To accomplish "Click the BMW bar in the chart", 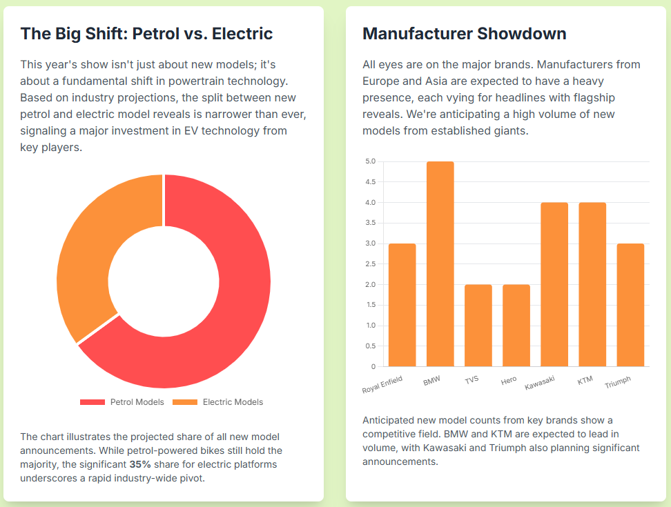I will pyautogui.click(x=440, y=264).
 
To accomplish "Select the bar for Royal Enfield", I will pyautogui.click(x=402, y=305).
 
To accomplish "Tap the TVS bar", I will pyautogui.click(x=478, y=325).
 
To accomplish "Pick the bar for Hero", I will pyautogui.click(x=516, y=325).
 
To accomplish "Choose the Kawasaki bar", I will pyautogui.click(x=554, y=284).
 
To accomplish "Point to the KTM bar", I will pyautogui.click(x=592, y=284).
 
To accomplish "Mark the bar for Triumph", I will pyautogui.click(x=630, y=305).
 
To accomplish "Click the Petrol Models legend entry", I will pyautogui.click(x=122, y=402).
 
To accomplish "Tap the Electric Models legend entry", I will pyautogui.click(x=217, y=402).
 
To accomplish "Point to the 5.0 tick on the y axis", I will pyautogui.click(x=371, y=161).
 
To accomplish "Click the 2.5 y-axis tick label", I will pyautogui.click(x=371, y=264).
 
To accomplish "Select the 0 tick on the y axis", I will pyautogui.click(x=373, y=366).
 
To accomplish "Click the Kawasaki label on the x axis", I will pyautogui.click(x=540, y=382).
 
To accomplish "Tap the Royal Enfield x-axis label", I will pyautogui.click(x=382, y=385).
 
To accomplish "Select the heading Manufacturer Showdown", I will pyautogui.click(x=465, y=34).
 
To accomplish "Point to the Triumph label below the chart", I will pyautogui.click(x=618, y=382).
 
